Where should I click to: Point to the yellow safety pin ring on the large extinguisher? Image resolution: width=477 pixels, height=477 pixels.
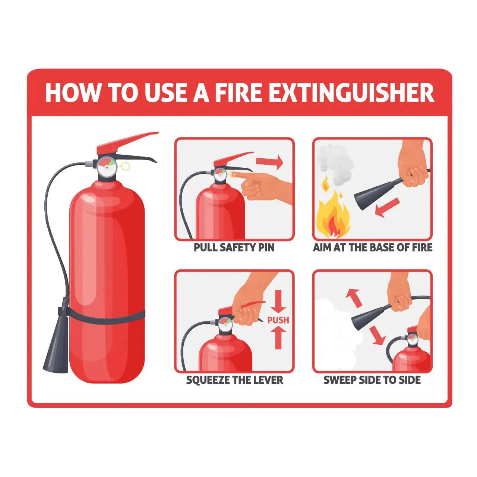pos(126,166)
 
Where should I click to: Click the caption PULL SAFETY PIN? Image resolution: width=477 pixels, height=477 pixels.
pos(234,247)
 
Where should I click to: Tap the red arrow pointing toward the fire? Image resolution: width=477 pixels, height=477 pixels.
pos(388,208)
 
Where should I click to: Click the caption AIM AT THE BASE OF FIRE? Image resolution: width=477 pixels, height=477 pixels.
pos(373,247)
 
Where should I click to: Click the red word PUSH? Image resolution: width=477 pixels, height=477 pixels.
pos(278,320)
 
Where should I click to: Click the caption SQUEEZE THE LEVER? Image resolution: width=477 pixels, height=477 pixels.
pos(235,380)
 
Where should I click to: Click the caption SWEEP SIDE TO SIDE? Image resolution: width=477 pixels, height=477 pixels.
pos(372,380)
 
